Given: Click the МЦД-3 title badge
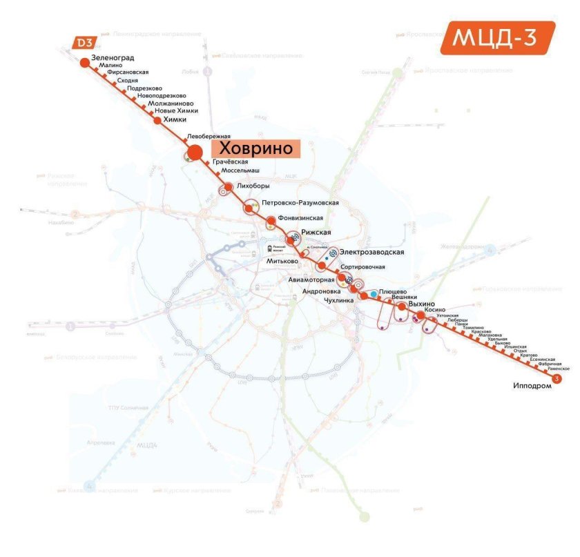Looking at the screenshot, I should (497, 37).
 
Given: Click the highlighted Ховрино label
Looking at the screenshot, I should (255, 148).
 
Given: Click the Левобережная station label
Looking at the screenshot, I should (209, 137).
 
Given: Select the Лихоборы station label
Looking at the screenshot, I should (252, 186).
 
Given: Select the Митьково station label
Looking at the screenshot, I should (282, 262).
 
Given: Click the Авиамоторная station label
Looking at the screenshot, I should (311, 280).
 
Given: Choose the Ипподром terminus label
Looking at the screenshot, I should (532, 386).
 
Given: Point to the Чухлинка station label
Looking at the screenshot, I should (338, 301).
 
